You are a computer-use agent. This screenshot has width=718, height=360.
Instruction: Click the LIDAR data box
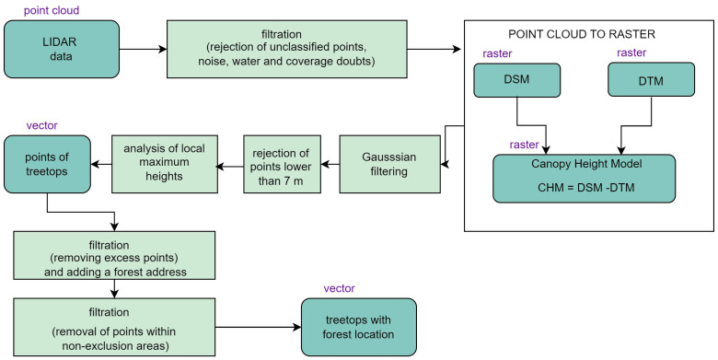pyautogui.click(x=62, y=49)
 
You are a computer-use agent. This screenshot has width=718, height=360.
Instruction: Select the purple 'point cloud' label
pyautogui.click(x=52, y=10)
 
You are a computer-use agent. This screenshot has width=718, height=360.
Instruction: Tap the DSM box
pyautogui.click(x=516, y=80)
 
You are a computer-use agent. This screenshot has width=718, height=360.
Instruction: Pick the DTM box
pyautogui.click(x=651, y=80)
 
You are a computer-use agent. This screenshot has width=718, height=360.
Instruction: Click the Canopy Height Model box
pyautogui.click(x=584, y=179)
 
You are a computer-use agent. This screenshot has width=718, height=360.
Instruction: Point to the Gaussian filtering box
pyautogui.click(x=389, y=164)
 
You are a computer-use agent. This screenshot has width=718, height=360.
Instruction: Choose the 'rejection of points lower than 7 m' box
pyautogui.click(x=282, y=164)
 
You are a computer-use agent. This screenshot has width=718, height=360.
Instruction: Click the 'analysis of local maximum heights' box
pyautogui.click(x=165, y=164)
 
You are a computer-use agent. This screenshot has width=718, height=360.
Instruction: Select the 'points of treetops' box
pyautogui.click(x=47, y=164)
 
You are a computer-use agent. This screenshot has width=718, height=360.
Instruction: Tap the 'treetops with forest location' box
pyautogui.click(x=359, y=327)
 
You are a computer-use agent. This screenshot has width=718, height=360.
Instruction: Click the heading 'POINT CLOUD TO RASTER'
pyautogui.click(x=582, y=34)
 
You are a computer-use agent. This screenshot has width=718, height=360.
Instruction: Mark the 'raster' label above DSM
pyautogui.click(x=497, y=53)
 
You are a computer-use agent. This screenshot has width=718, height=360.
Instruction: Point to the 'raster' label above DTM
pyautogui.click(x=631, y=52)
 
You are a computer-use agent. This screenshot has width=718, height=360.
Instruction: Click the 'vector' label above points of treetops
pyautogui.click(x=42, y=125)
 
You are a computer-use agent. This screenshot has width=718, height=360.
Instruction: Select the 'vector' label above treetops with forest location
pyautogui.click(x=340, y=288)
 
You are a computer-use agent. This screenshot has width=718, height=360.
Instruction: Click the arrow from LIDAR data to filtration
pyautogui.click(x=143, y=49)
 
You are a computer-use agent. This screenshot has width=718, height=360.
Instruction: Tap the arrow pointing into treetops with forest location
pyautogui.click(x=258, y=327)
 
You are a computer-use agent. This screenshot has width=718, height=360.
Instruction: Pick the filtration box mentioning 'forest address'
pyautogui.click(x=114, y=255)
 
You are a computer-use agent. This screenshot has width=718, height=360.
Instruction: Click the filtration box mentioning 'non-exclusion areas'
pyautogui.click(x=114, y=327)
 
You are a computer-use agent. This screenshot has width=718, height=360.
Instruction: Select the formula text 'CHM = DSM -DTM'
pyautogui.click(x=584, y=187)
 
